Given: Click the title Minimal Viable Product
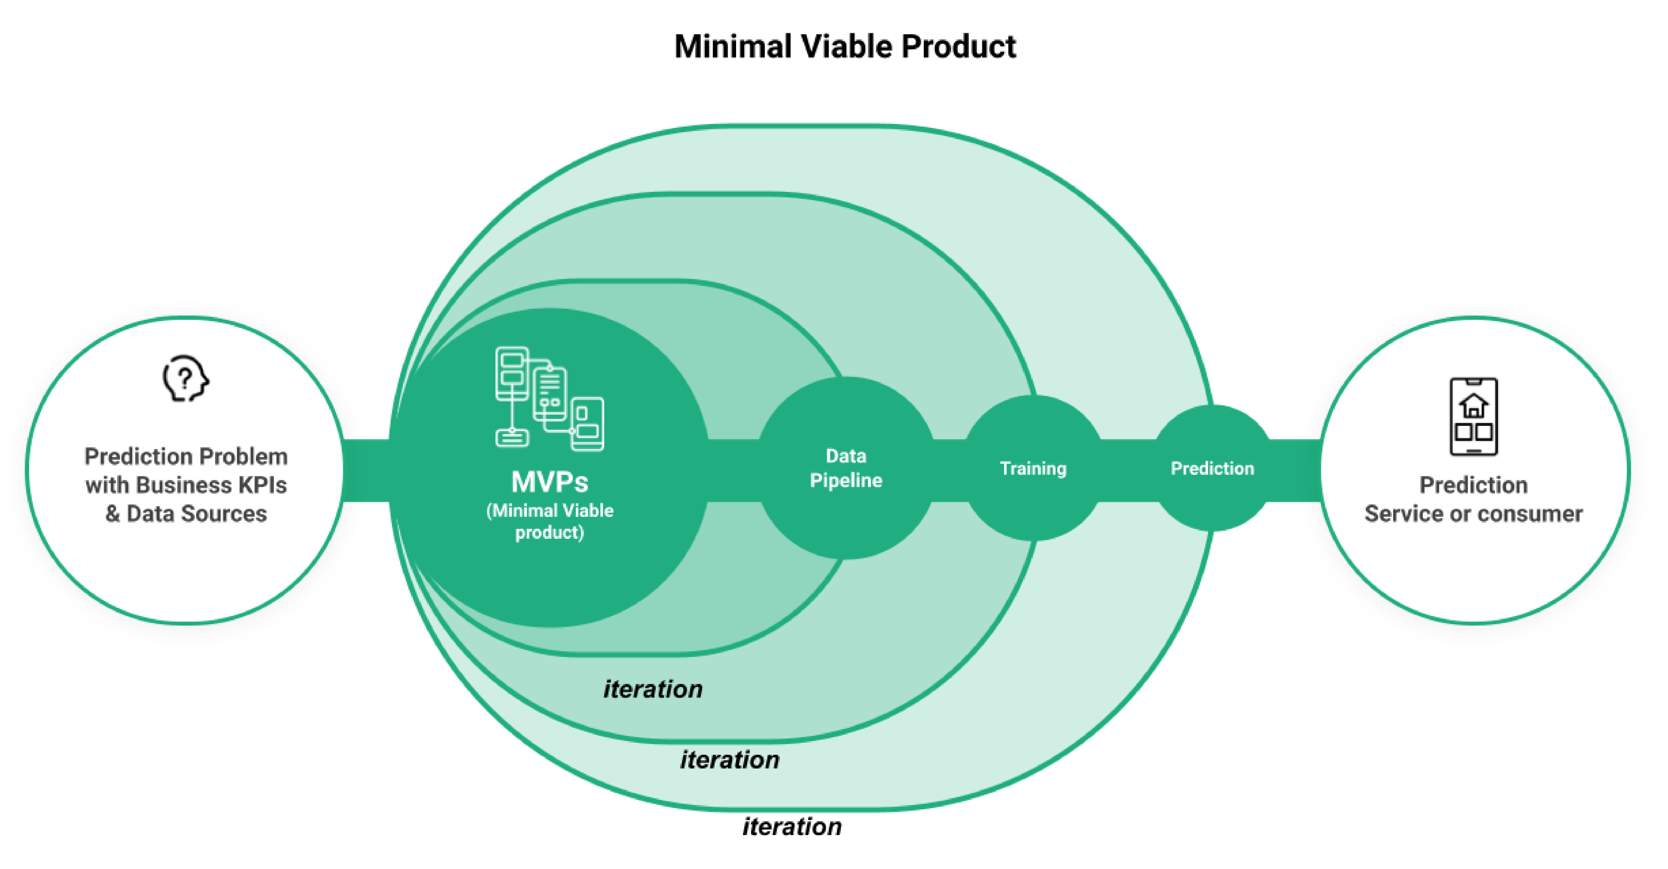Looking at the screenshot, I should pos(845,47).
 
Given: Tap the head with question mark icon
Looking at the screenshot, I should pos(185,379).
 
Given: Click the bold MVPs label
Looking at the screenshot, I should pos(550,482).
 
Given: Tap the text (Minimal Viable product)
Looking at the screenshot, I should pos(550,521).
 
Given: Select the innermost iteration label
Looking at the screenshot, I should pos(653,689).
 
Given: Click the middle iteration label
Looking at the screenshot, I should pos(730,760).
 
